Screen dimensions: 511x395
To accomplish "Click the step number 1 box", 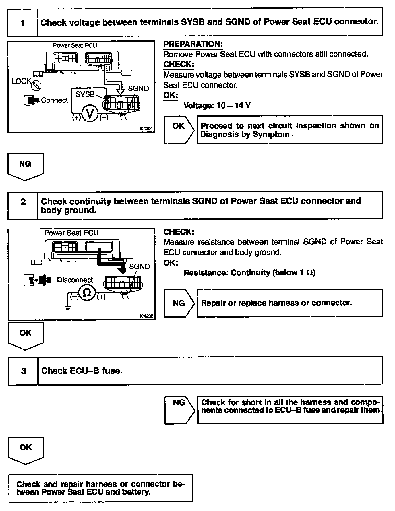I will tap(22, 22).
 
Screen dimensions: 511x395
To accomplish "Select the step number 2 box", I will tap(23, 205).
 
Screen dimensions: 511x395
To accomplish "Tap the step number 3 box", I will tap(23, 371).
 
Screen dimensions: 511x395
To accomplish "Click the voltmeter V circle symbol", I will tap(90, 115).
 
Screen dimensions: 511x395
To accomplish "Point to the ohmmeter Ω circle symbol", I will tap(87, 293).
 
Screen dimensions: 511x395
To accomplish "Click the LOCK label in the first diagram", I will tap(21, 81).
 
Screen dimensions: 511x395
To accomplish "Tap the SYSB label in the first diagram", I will tap(85, 94).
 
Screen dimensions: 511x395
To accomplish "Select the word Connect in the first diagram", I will tap(54, 100).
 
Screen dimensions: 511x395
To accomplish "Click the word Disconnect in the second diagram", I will tap(75, 280).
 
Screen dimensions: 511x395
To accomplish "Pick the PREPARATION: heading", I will tap(193, 44).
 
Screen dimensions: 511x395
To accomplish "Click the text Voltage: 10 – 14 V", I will tap(217, 106).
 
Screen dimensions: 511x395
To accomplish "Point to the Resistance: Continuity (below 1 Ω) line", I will tap(249, 272).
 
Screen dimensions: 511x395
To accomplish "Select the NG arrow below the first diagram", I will tap(25, 166).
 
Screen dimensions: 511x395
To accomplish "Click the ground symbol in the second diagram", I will tap(68, 308).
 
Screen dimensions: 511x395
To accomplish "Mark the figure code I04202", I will tap(146, 316).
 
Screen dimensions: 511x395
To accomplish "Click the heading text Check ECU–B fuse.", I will tap(82, 371).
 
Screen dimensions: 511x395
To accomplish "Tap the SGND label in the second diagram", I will tap(139, 266).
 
